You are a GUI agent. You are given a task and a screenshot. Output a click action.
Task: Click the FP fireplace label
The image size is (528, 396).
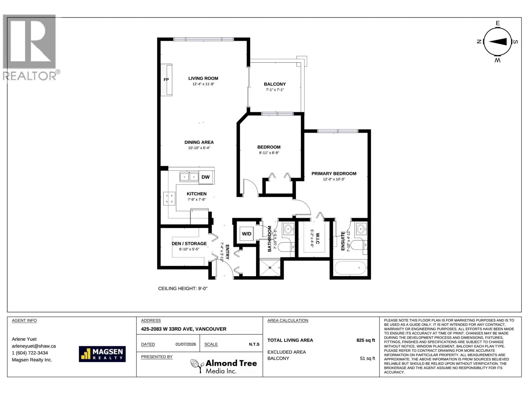pyautogui.click(x=166, y=80)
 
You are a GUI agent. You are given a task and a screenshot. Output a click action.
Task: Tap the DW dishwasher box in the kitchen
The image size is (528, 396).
pyautogui.click(x=206, y=177)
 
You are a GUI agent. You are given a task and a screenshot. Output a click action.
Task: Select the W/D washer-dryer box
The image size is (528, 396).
pyautogui.click(x=247, y=234)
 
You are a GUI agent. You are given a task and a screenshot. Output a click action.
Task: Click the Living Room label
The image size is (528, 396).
pyautogui.click(x=203, y=79)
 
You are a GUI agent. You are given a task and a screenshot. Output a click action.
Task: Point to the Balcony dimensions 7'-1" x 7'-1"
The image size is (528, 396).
pyautogui.click(x=275, y=90)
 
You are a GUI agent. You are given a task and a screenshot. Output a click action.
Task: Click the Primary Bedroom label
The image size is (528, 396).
pyautogui.click(x=334, y=174)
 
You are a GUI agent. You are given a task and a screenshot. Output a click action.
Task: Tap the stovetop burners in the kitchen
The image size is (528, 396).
pyautogui.click(x=169, y=199)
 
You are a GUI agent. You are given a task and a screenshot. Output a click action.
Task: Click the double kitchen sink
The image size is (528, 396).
pyautogui.click(x=189, y=177)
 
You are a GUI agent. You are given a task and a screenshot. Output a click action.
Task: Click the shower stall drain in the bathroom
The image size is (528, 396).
pyautogui.click(x=270, y=268)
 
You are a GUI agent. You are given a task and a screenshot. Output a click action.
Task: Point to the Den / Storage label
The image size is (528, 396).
pyautogui.click(x=189, y=244)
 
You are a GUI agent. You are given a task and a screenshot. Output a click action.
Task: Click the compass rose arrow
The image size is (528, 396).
pyautogui.click(x=498, y=42)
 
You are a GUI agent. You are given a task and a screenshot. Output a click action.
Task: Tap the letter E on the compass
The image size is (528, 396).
pyautogui.click(x=498, y=23)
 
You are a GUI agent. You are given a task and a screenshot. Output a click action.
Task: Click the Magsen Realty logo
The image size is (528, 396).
pyautogui.click(x=102, y=354)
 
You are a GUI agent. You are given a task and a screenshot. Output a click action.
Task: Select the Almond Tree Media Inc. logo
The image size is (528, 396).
pyautogui.click(x=224, y=366)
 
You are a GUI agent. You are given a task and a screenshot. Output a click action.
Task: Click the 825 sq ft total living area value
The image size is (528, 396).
pyautogui.click(x=366, y=340)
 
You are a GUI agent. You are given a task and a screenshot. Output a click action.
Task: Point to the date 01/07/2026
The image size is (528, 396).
pyautogui.click(x=186, y=344)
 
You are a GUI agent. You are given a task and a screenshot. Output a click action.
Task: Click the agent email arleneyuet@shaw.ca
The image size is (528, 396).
pyautogui.click(x=34, y=346)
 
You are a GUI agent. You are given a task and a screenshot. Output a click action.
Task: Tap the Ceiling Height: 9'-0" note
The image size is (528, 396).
pyautogui.click(x=182, y=288)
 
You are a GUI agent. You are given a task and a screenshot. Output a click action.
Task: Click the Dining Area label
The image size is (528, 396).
pyautogui.click(x=199, y=142)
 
